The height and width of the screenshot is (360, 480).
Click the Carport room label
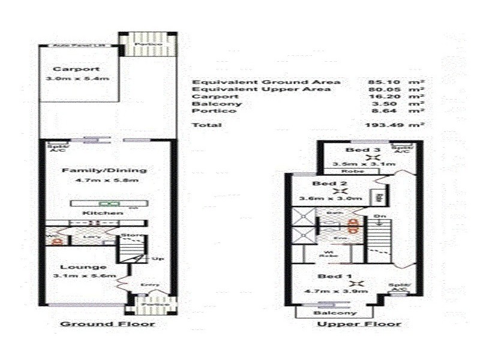68,68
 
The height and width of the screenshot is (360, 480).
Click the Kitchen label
95,212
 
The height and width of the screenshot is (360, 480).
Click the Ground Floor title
107,324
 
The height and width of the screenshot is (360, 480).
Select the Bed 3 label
358,150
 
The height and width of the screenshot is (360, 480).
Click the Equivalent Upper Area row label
260,89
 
